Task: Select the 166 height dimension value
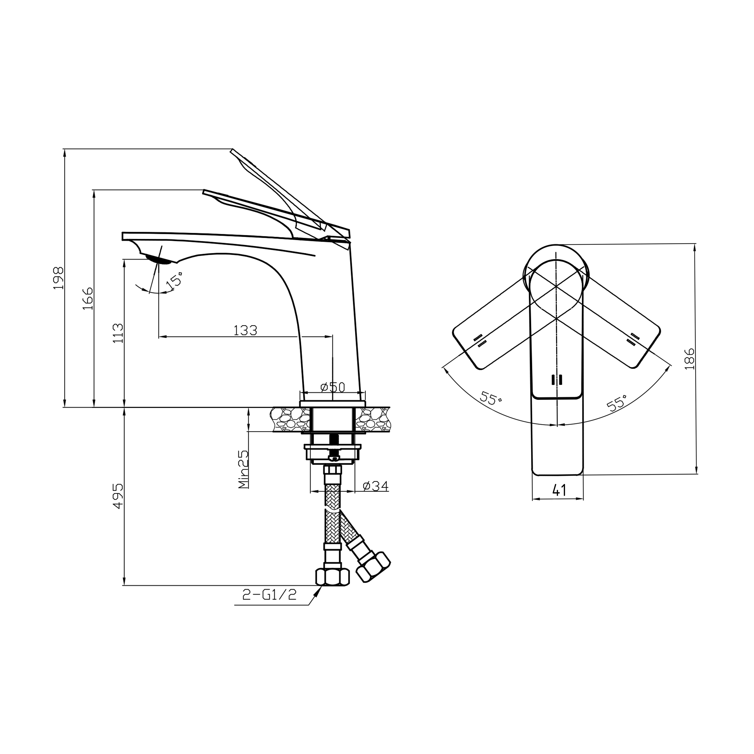point(88,299)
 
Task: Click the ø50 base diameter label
point(333,387)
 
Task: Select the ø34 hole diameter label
point(375,486)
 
